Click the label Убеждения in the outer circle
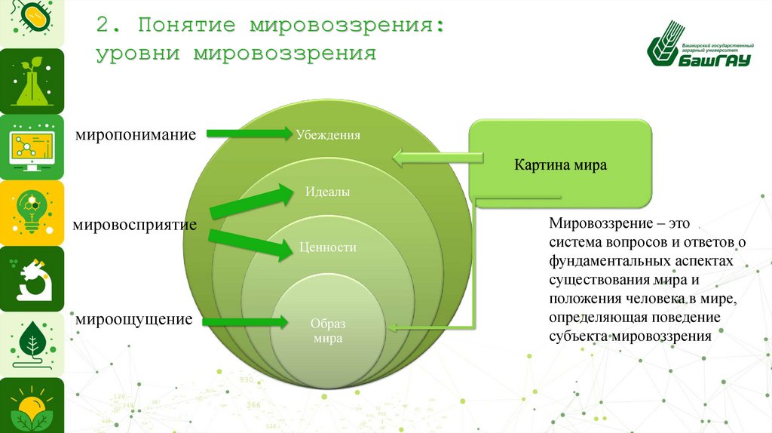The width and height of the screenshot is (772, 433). [327, 135]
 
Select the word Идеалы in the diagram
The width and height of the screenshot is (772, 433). [327, 192]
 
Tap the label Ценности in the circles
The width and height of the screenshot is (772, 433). [327, 247]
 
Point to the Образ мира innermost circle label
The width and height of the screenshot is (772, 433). [327, 331]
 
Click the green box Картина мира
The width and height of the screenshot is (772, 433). [560, 164]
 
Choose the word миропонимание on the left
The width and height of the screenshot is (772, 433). [135, 135]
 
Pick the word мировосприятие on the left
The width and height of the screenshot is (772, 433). [135, 225]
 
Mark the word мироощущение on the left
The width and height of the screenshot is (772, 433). [133, 320]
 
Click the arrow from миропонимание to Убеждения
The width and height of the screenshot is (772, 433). [248, 134]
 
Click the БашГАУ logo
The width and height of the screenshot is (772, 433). [700, 52]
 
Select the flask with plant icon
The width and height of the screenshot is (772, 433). [31, 83]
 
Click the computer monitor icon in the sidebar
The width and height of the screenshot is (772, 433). [31, 146]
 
